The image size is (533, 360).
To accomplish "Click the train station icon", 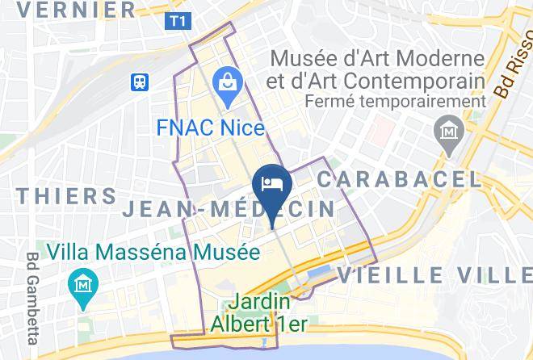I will (x=141, y=81).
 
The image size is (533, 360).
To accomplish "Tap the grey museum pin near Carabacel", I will (x=447, y=129).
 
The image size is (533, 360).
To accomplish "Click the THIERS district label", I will (x=66, y=196).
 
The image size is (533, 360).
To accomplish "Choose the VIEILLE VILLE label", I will (x=434, y=274).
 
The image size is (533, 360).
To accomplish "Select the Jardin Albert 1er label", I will (x=258, y=314).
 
